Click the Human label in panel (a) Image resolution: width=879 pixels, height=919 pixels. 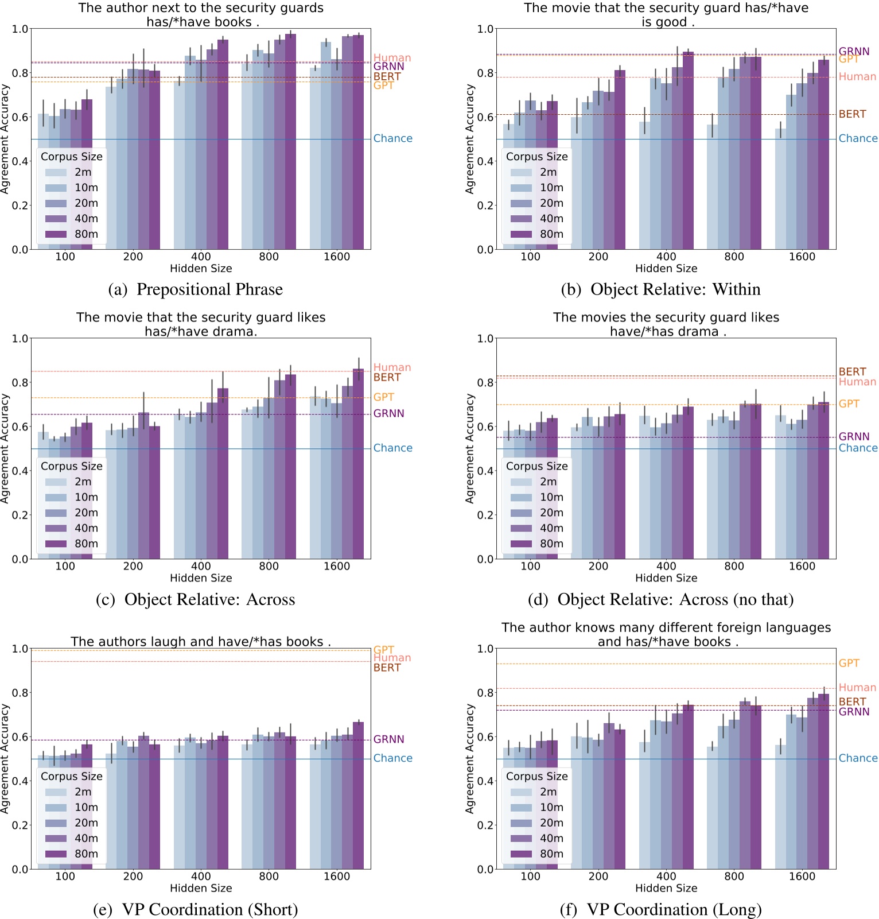392,58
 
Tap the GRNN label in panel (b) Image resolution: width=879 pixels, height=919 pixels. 854,51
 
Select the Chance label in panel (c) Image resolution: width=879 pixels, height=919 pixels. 392,448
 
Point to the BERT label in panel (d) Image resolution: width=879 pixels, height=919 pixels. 852,371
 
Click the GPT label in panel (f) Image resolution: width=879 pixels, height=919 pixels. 849,663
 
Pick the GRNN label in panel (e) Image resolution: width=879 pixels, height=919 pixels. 388,739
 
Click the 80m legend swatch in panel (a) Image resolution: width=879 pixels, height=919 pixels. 56,234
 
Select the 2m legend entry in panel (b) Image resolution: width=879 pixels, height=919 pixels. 548,172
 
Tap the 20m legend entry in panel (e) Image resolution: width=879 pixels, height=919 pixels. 86,823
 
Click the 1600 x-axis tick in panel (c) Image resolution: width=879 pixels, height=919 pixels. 336,566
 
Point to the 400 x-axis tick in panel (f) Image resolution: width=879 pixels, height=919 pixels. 666,876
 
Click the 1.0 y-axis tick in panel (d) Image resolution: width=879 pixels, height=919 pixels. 485,338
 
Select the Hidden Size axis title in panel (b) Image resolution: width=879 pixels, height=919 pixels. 666,268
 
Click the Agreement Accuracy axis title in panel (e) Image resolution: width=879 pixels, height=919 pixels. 6,758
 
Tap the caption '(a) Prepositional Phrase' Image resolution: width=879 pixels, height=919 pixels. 195,289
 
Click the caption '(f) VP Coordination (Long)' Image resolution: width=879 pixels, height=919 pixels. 660,909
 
